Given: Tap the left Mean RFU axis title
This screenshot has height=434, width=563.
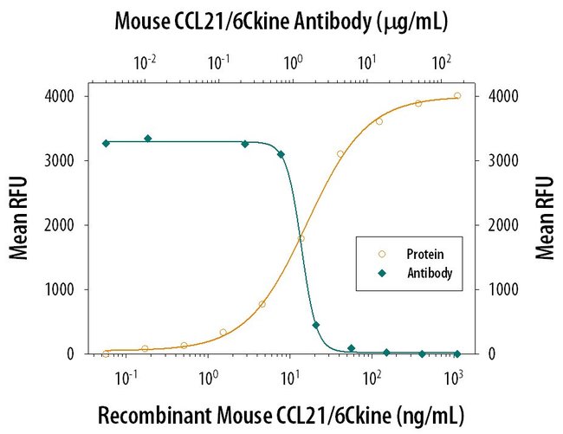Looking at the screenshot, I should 19,219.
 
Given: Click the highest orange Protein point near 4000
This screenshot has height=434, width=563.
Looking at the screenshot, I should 457,96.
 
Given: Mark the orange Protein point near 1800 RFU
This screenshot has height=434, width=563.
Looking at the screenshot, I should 301,238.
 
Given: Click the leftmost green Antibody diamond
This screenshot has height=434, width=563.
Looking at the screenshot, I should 106,143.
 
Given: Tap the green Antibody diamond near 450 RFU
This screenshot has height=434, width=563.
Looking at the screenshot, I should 315,325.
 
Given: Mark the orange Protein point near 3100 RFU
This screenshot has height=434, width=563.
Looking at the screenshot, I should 340,153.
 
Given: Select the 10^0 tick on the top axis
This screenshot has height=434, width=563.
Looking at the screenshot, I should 294,62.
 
